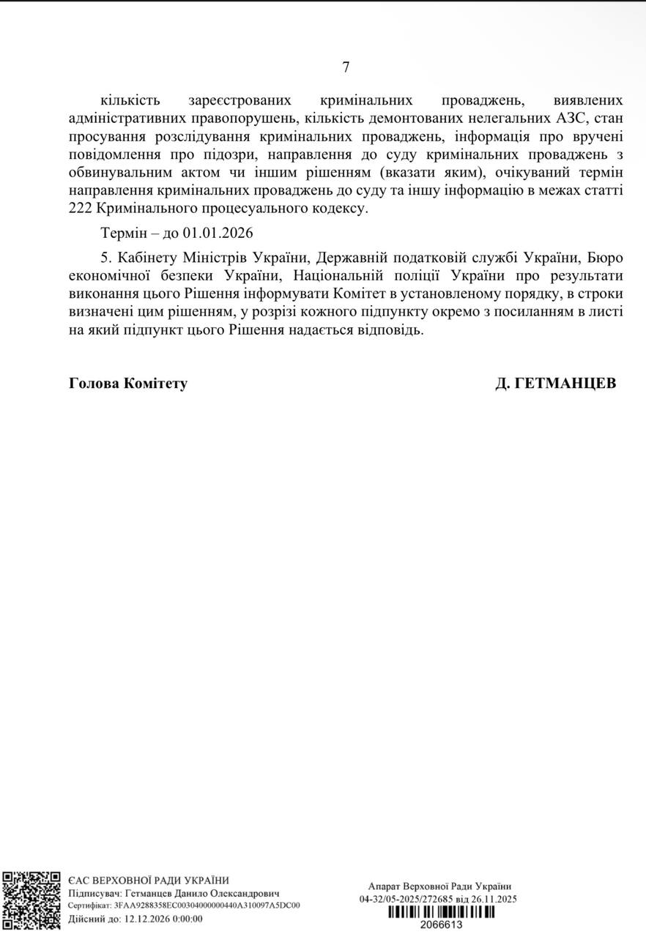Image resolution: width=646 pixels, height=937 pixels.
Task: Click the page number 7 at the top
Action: [346, 67]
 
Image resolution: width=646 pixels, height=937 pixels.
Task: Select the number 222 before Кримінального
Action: [80, 209]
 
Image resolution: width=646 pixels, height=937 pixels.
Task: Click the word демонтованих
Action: [445, 118]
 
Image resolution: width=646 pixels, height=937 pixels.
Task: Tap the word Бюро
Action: [605, 258]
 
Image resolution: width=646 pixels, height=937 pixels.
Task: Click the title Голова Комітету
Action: [128, 383]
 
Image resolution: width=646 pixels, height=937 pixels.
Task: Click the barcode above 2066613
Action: [441, 912]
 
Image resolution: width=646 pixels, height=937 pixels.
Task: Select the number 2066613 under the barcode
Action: [441, 925]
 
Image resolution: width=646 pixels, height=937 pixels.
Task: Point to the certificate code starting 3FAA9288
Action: [207, 906]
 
